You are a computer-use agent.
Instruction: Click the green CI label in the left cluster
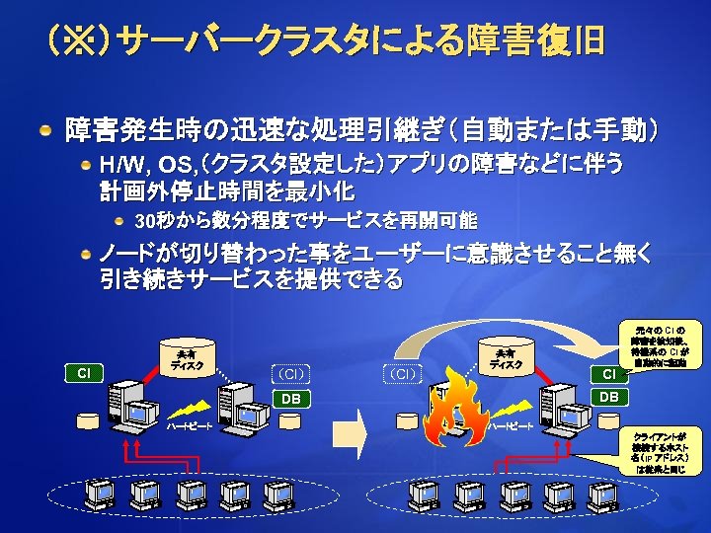click(85, 373)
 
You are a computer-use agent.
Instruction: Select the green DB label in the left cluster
click(290, 399)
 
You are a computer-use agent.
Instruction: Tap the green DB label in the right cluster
click(609, 397)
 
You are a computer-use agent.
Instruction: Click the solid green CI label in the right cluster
click(609, 374)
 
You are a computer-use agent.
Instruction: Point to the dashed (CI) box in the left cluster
click(290, 373)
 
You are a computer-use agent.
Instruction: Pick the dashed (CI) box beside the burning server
click(402, 373)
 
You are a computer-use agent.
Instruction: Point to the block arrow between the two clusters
click(354, 430)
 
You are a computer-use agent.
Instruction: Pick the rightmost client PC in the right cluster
click(603, 493)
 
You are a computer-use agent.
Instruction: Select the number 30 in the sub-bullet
click(143, 218)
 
